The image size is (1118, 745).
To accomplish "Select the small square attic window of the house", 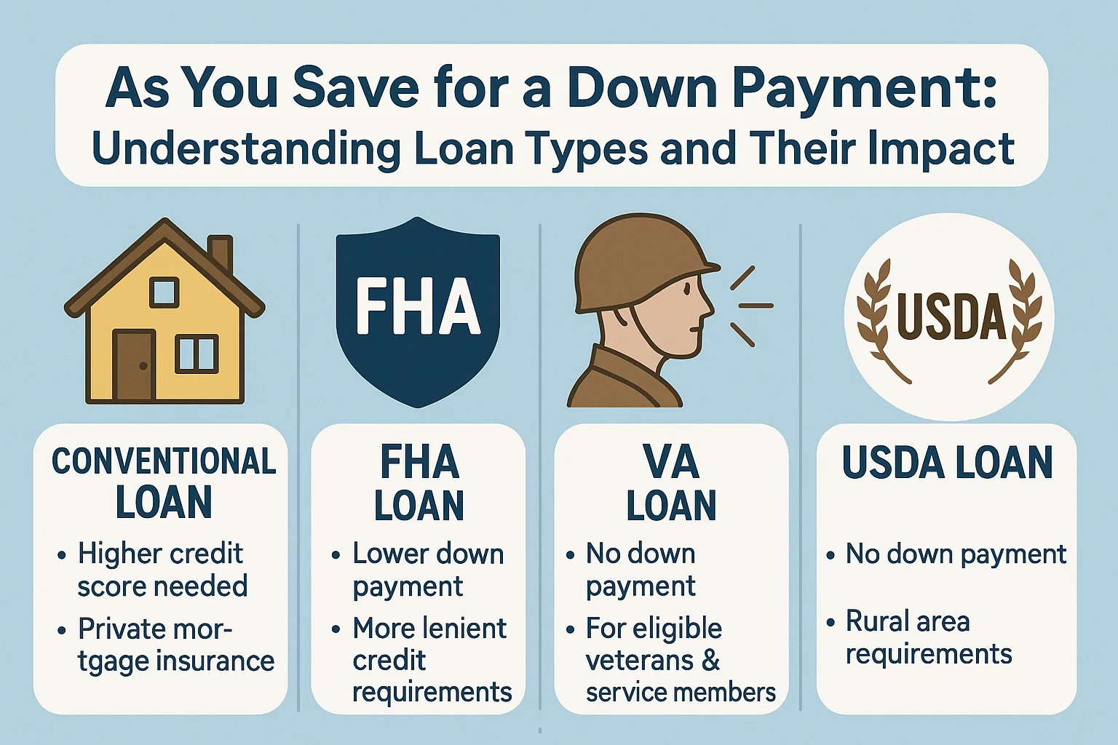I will (164, 292).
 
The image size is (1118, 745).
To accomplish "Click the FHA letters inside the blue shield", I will (418, 306).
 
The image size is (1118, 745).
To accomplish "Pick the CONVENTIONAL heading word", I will (164, 461).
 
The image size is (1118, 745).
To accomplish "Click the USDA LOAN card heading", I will (947, 463).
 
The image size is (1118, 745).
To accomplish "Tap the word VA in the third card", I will (670, 463).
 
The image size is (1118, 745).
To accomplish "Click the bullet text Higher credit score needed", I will (162, 570).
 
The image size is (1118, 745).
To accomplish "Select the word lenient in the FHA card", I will (465, 628).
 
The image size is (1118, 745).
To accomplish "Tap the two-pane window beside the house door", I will (197, 354).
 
